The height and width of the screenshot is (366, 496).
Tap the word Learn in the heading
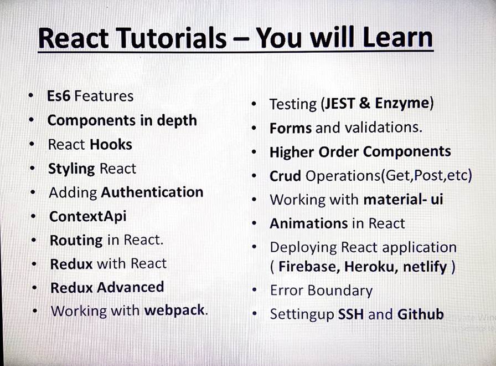[398, 37]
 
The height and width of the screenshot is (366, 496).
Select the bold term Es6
[59, 96]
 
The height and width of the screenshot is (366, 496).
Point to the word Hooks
[111, 145]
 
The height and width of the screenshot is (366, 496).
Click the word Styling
[71, 169]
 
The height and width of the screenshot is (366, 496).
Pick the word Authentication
[152, 192]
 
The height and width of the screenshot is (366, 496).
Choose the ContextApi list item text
[88, 217]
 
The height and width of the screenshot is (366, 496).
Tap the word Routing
[76, 241]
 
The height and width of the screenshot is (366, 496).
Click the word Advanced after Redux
[131, 287]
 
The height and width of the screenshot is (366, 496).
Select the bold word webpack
[174, 311]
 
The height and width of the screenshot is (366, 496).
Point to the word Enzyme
[402, 104]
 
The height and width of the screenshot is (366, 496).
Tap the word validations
[383, 128]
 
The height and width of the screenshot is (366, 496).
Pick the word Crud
[285, 176]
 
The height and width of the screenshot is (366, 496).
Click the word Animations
[308, 223]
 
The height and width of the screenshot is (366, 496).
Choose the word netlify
[425, 267]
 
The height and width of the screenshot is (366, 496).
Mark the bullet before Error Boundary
[254, 290]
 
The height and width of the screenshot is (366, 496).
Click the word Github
[421, 314]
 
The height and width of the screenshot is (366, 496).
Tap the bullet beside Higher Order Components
[254, 152]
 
